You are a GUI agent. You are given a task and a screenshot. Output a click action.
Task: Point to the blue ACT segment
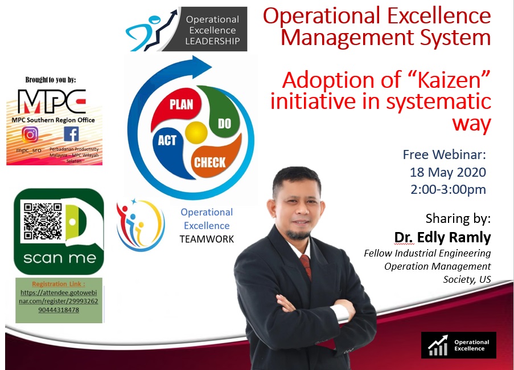(x=168, y=143)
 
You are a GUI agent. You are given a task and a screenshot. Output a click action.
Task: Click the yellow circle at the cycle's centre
(x=196, y=133)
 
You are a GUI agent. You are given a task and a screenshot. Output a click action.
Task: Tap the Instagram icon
(x=30, y=135)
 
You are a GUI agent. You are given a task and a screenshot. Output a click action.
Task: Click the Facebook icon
(x=71, y=134)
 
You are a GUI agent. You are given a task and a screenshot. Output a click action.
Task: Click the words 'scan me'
(x=59, y=259)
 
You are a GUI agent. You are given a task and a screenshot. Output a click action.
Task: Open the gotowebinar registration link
(x=59, y=300)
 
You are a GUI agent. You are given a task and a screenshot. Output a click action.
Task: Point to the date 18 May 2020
(x=447, y=172)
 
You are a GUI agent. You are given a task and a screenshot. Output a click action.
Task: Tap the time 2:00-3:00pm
(x=448, y=190)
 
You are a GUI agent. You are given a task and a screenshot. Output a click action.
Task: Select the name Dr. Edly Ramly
(x=442, y=237)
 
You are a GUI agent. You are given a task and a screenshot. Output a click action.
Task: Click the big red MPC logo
(x=52, y=101)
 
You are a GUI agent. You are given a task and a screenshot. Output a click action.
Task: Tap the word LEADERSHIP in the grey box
(x=212, y=41)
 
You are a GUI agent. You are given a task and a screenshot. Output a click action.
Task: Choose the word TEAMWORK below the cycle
(x=207, y=239)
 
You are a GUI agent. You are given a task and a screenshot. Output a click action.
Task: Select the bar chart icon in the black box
(x=437, y=345)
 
